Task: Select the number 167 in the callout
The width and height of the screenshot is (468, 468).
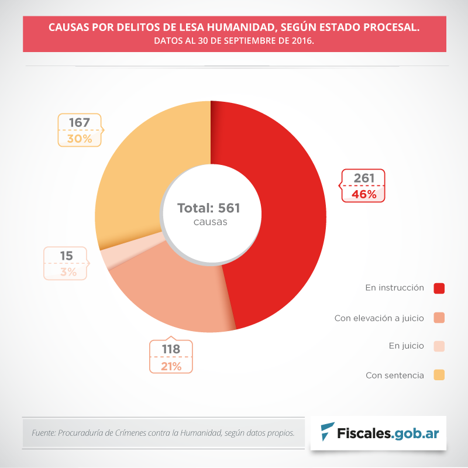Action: pyautogui.click(x=79, y=123)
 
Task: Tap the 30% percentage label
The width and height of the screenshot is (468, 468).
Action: pyautogui.click(x=79, y=139)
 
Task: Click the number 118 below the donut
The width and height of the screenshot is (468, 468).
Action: pyautogui.click(x=170, y=349)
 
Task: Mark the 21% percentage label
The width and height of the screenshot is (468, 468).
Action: pyautogui.click(x=170, y=366)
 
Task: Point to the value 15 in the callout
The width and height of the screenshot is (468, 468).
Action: pyautogui.click(x=66, y=256)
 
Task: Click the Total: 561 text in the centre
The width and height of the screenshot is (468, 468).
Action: pyautogui.click(x=209, y=208)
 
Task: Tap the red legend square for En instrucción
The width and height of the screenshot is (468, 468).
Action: pyautogui.click(x=439, y=288)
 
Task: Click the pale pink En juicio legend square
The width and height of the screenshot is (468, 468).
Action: pyautogui.click(x=439, y=346)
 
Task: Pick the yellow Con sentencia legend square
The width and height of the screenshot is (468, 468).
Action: pyautogui.click(x=439, y=375)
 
